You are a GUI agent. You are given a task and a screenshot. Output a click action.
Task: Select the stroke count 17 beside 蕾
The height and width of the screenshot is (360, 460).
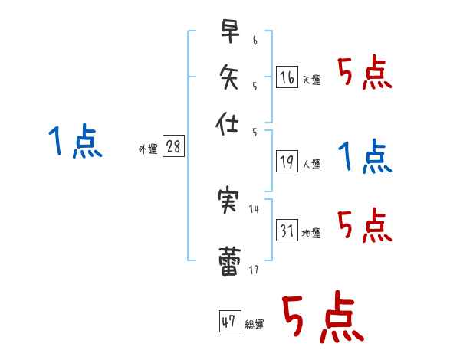point(254,270)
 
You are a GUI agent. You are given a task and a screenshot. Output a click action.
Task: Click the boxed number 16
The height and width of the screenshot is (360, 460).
point(287,77)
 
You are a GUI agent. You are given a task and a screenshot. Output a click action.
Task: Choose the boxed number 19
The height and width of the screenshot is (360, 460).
point(287,161)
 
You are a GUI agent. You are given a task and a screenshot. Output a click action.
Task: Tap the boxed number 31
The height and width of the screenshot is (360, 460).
point(287,231)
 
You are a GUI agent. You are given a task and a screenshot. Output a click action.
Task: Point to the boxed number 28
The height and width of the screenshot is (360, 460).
point(173,147)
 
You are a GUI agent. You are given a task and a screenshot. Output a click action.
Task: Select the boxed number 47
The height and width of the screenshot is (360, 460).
point(229,322)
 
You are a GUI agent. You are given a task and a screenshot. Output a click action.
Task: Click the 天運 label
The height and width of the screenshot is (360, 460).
point(311,80)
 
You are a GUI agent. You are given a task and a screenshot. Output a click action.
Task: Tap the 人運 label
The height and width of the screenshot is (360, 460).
point(311,164)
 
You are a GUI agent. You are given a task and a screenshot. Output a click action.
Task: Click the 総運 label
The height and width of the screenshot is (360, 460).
point(255,325)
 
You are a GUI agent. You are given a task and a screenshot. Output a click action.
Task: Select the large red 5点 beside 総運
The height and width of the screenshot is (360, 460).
point(322,319)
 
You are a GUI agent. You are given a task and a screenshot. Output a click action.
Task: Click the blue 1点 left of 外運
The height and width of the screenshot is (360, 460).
point(75,142)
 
